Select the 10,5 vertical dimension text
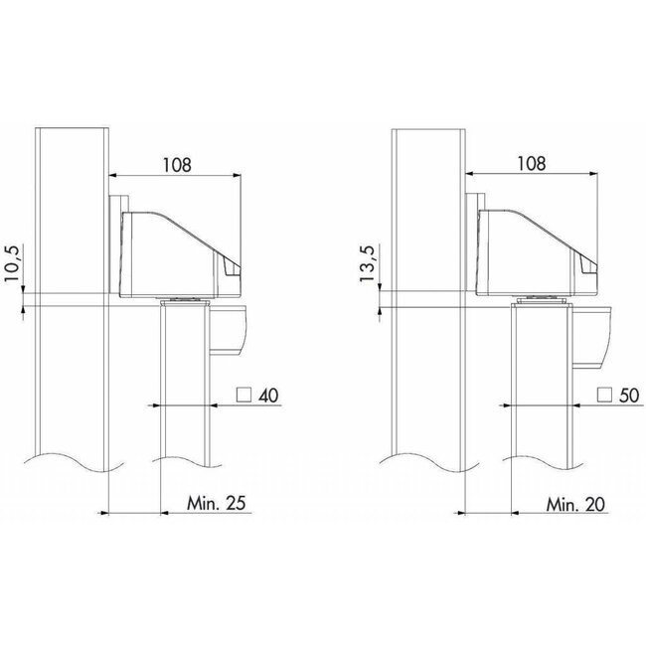click(13, 265)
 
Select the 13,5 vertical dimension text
click(371, 265)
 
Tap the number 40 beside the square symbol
click(266, 396)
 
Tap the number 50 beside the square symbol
click(628, 396)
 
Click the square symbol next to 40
click(242, 396)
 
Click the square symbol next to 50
click(603, 396)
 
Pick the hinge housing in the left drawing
click(179, 253)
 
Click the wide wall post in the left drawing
click(70, 298)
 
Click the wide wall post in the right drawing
click(428, 298)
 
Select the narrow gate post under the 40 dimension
click(185, 398)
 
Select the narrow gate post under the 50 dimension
click(543, 398)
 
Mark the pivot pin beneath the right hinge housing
click(541, 302)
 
